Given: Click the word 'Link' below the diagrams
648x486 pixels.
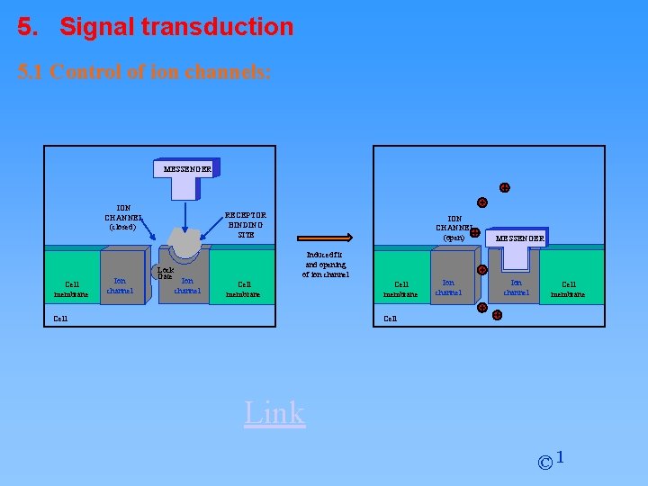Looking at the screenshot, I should [274, 412].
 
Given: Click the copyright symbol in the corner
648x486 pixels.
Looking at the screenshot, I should [544, 463].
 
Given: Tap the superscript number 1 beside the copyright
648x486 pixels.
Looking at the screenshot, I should [561, 457].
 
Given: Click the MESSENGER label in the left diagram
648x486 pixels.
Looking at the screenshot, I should [187, 168].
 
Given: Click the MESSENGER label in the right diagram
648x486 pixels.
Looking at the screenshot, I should [517, 238].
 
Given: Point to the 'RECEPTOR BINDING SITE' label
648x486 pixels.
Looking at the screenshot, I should [246, 225].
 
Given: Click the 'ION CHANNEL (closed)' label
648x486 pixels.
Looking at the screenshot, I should [123, 217].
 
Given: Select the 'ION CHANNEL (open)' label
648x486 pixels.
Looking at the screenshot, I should [454, 228].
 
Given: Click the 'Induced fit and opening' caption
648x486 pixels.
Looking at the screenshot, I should [325, 265].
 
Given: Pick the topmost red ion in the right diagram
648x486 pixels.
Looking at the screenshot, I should [505, 188].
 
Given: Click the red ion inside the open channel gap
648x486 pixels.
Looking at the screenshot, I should [482, 269].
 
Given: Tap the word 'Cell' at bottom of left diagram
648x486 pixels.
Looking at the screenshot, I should [60, 318].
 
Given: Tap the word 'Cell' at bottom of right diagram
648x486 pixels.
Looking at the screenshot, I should [390, 318].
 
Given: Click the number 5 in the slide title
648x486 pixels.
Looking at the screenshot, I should [24, 27].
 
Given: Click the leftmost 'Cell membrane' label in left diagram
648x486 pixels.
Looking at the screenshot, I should [71, 289].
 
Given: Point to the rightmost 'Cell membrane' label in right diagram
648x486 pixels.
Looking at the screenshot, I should [568, 289].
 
